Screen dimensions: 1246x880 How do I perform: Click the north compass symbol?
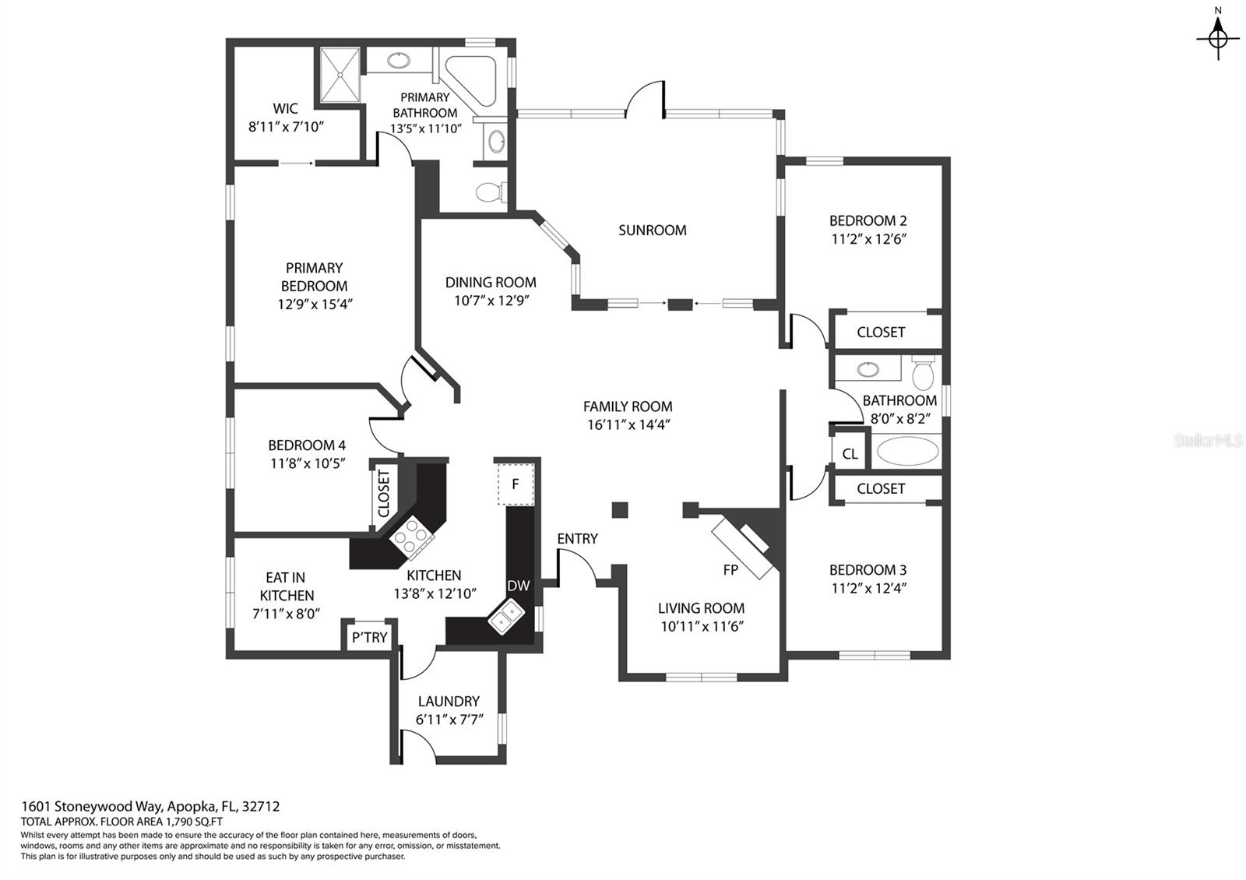click(1218, 38)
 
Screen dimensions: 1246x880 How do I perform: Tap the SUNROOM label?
click(652, 231)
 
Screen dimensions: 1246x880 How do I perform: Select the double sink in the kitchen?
click(505, 617)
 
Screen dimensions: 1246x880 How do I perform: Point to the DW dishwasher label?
click(519, 585)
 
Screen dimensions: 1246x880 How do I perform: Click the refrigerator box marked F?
click(515, 484)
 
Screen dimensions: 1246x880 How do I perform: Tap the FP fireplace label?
click(730, 569)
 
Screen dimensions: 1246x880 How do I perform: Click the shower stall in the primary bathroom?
click(340, 75)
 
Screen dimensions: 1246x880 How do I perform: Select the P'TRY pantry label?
click(369, 637)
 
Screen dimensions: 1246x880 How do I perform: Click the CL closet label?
click(850, 454)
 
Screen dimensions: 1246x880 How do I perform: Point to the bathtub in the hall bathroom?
click(906, 451)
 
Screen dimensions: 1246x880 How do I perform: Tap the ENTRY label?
click(577, 538)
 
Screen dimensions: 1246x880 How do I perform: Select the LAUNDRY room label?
click(449, 701)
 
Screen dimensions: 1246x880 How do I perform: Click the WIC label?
click(285, 108)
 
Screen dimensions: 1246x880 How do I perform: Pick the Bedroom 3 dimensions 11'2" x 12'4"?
click(869, 589)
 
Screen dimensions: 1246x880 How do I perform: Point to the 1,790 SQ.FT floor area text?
click(194, 822)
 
